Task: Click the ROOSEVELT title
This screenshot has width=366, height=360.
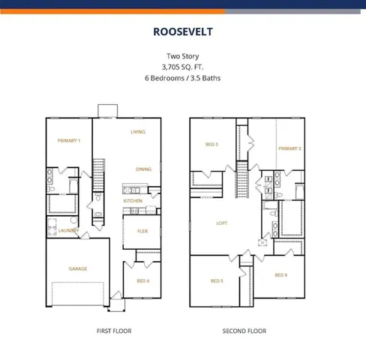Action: click(183, 32)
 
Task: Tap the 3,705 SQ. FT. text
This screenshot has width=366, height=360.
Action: click(183, 67)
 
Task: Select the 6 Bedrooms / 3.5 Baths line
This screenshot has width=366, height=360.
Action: click(183, 77)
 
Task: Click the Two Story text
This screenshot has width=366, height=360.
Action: click(183, 56)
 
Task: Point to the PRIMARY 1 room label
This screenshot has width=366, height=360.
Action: click(69, 141)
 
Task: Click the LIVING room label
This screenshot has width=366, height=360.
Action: click(138, 132)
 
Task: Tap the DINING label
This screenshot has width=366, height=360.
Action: click(144, 169)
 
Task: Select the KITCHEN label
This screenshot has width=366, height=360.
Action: click(133, 201)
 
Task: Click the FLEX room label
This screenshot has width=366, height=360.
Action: click(142, 231)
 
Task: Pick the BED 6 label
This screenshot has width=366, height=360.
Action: click(142, 280)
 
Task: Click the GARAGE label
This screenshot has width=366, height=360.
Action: click(78, 268)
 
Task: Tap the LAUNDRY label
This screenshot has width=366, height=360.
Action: click(69, 230)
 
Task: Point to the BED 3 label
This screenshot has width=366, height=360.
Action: click(211, 144)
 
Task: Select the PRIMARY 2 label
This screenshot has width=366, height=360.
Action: click(290, 148)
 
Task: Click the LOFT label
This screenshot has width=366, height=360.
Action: click(222, 223)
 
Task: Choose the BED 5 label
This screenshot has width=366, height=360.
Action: click(216, 280)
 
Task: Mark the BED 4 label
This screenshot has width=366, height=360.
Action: click(280, 275)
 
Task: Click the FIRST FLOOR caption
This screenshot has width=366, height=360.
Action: click(115, 331)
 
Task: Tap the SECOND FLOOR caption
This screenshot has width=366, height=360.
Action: click(244, 331)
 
